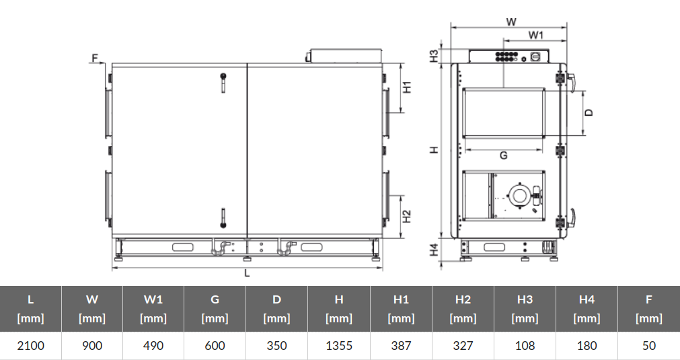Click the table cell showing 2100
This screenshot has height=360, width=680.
pos(30,346)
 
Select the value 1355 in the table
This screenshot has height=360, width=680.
pos(339,346)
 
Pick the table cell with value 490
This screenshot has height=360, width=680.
pos(154,346)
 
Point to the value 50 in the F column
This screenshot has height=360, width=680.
pos(648,346)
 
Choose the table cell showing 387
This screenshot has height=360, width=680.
pos(401,346)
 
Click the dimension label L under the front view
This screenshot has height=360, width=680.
pos(248,273)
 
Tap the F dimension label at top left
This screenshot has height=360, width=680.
pos(94,59)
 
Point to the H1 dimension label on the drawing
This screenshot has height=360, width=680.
pos(407,87)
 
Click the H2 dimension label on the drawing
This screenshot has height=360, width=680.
pos(407,217)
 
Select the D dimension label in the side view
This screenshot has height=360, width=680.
pos(589,112)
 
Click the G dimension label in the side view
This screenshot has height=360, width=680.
pos(503,155)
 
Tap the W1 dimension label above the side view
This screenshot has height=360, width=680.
pos(536,34)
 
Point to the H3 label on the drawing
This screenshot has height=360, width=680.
pos(435,56)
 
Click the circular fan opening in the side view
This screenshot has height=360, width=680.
pos(519,196)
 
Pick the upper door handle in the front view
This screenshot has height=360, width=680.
pos(223,81)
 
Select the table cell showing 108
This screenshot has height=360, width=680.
pos(525,346)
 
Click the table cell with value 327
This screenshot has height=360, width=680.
pos(463,346)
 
